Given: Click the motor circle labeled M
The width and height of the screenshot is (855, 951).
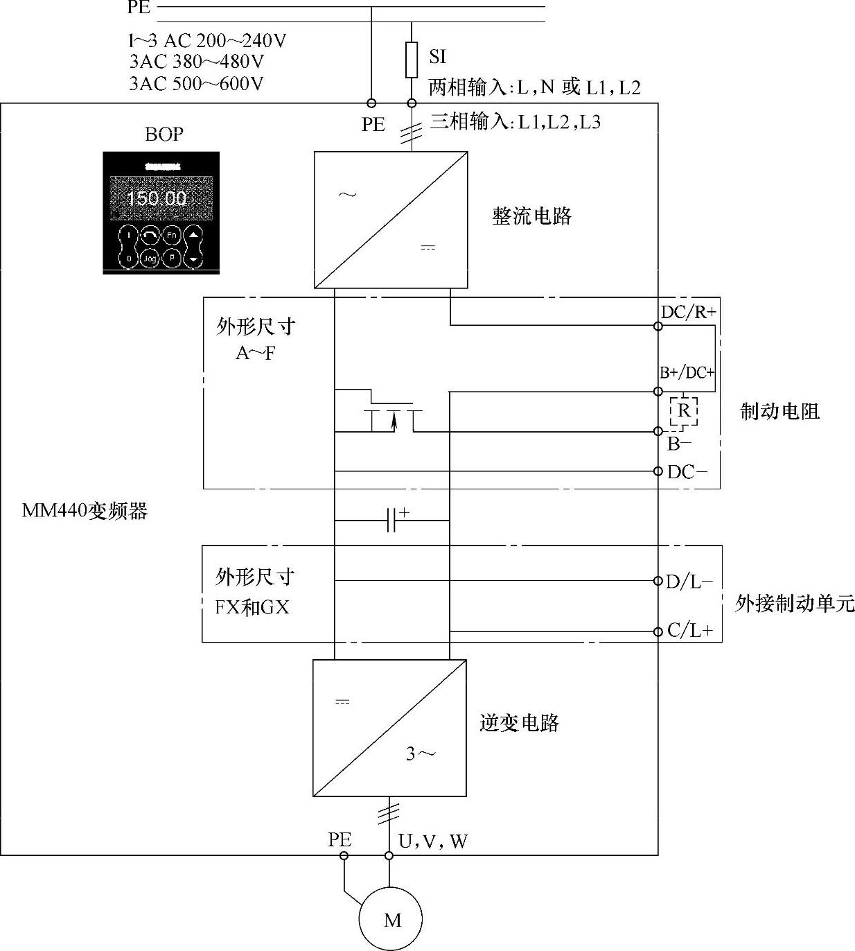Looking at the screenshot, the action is pos(391,919).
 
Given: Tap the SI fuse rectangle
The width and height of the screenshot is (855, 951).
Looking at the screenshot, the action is pos(412,60).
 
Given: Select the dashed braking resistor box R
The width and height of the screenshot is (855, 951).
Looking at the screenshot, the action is pos(683,411).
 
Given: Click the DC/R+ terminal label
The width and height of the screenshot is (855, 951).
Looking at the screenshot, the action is pos(688,313).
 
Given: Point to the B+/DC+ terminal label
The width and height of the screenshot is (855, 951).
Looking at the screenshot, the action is pos(687,373).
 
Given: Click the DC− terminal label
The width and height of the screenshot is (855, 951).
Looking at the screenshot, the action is pos(687,473).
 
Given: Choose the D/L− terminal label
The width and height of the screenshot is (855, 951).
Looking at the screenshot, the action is pos(689,582).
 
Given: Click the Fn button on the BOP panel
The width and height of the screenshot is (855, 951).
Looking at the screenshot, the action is pos(171,236).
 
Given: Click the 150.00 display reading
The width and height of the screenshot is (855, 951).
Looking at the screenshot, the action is pos(157,199).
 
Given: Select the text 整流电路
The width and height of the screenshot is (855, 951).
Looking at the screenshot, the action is pos(531,216).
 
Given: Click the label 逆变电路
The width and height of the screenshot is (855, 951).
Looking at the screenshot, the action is pos(519,723).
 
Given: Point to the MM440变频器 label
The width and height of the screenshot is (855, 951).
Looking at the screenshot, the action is pos(85,512).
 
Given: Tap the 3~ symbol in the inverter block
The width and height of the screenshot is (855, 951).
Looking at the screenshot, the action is pos(421,753).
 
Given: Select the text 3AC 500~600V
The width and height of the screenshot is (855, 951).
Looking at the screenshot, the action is pos(196,84).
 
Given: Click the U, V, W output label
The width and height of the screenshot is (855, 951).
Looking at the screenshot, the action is pos(433,841).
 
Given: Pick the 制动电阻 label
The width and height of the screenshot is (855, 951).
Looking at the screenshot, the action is pos(779,412).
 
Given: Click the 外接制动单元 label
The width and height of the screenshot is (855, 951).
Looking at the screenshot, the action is pos(794,603).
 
